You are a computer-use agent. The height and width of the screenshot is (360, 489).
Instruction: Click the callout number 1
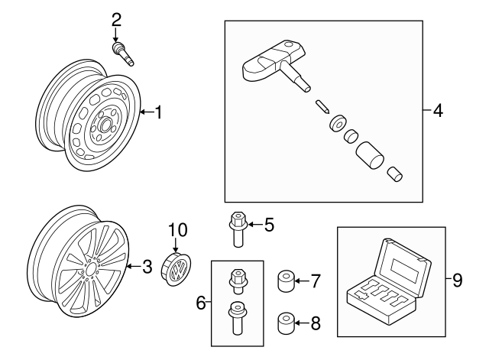[158, 113]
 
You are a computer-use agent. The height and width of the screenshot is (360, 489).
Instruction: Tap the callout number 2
[116, 18]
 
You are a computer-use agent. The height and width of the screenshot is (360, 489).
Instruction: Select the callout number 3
[147, 267]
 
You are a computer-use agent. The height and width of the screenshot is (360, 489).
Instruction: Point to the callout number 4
[437, 111]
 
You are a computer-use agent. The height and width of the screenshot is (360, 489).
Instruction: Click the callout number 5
[269, 225]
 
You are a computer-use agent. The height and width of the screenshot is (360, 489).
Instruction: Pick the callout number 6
[201, 303]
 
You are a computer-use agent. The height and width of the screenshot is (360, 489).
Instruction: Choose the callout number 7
[316, 281]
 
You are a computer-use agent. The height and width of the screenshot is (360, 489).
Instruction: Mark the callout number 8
[316, 323]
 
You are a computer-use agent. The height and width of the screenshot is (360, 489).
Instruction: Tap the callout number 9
[457, 281]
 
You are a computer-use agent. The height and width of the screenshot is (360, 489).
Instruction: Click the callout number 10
[177, 229]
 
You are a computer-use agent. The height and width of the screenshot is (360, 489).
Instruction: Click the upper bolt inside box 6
[236, 281]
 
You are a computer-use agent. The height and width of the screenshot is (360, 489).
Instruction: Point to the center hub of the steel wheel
[103, 122]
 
